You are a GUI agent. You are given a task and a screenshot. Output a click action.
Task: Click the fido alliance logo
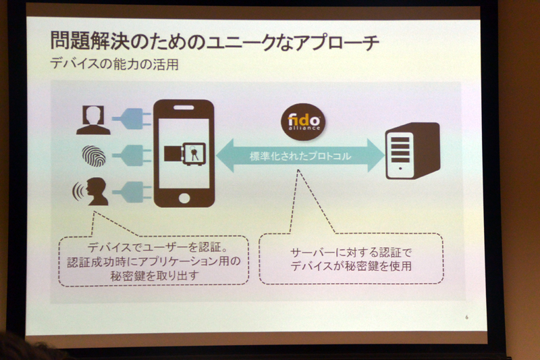pyautogui.click(x=302, y=122)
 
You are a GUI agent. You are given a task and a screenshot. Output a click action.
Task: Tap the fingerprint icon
pyautogui.click(x=94, y=156)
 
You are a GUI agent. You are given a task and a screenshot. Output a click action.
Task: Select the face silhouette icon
pyautogui.click(x=94, y=120)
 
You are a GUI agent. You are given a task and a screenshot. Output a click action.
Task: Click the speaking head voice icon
pyautogui.click(x=90, y=191)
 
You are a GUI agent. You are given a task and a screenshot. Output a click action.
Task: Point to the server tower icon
pyautogui.click(x=412, y=151)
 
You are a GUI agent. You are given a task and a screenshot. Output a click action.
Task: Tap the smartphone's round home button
pyautogui.click(x=184, y=198)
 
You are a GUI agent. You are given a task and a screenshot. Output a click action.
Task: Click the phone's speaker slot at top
pyautogui.click(x=184, y=107)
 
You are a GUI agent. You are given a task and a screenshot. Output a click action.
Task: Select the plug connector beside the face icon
pyautogui.click(x=132, y=119)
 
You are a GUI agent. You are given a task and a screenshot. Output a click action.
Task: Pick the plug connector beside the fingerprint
pyautogui.click(x=132, y=155)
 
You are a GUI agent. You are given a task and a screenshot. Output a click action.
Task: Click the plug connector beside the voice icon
pyautogui.click(x=132, y=192)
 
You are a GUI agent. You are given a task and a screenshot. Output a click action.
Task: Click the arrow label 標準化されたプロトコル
pyautogui.click(x=300, y=156)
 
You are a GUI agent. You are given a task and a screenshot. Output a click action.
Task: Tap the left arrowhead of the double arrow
pyautogui.click(x=225, y=155)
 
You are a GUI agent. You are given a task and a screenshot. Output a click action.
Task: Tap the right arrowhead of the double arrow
pyautogui.click(x=376, y=155)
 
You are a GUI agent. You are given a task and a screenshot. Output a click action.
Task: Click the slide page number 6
pyautogui.click(x=466, y=317)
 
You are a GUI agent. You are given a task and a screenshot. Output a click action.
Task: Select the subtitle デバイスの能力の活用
pyautogui.click(x=114, y=63)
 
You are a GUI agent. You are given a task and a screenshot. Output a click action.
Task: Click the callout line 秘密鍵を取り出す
pyautogui.click(x=155, y=276)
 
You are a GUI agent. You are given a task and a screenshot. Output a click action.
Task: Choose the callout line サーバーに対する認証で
pyautogui.click(x=351, y=253)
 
